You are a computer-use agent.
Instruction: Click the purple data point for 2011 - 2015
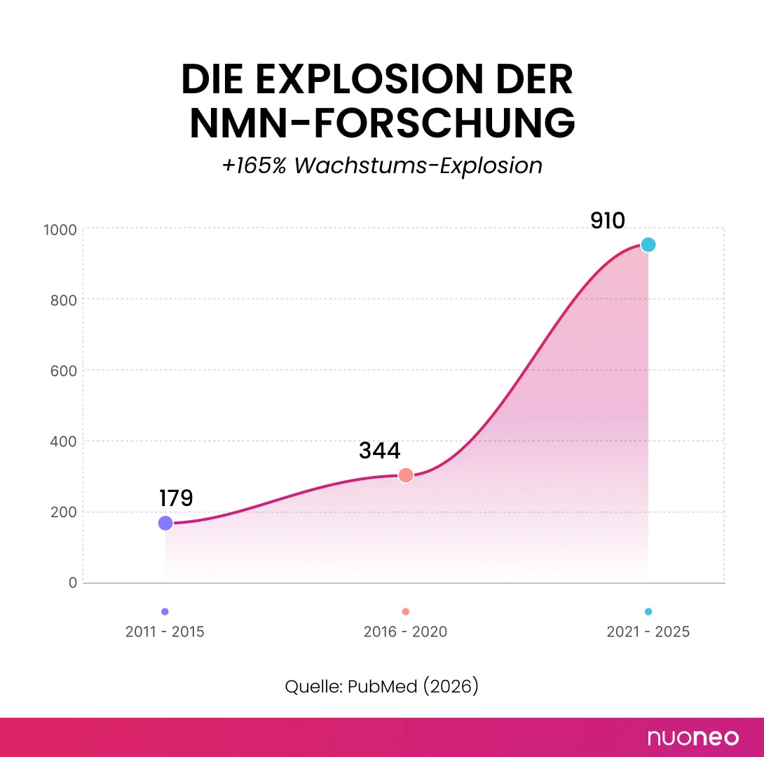coord(165,523)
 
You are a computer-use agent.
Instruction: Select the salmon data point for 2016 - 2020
coord(406,475)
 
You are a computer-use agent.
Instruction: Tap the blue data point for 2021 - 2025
coord(648,245)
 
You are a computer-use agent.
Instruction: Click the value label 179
coord(175,498)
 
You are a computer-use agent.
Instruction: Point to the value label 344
coord(379,451)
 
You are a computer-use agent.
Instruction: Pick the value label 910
coord(607,221)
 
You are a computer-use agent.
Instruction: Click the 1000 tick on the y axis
coord(60,229)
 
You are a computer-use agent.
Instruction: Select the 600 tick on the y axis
coord(63,370)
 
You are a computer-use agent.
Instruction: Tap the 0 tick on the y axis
coord(73,582)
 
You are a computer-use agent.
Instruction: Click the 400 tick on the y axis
coord(63,442)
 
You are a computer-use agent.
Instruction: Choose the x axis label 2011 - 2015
coord(165,632)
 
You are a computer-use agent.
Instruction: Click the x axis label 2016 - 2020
coord(405,632)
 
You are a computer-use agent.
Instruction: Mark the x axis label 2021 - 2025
coord(648,632)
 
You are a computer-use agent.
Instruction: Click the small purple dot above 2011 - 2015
coord(165,611)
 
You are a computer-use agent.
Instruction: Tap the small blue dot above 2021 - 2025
coord(648,611)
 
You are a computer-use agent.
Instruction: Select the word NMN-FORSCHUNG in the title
coord(382,123)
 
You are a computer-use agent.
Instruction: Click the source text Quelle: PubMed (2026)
coord(381,686)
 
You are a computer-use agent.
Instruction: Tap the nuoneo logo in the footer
coord(693,737)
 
